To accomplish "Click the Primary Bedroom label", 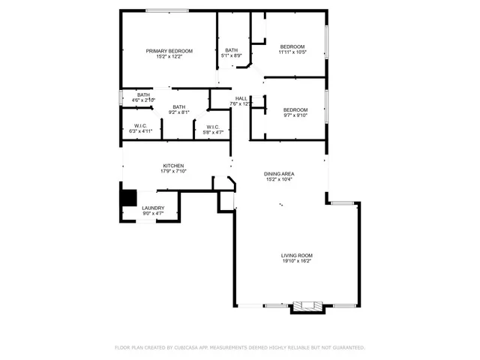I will [x=169, y=50].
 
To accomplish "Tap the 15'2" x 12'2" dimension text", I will [x=169, y=56].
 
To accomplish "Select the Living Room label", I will [x=297, y=256].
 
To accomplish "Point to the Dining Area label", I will [x=278, y=173].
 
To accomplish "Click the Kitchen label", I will [x=173, y=166].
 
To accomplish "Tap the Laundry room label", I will [x=153, y=208].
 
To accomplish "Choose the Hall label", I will [x=241, y=98].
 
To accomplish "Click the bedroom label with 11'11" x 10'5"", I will [x=292, y=46].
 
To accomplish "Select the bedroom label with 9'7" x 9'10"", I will [x=295, y=109].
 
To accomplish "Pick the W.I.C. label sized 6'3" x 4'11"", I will [x=140, y=125].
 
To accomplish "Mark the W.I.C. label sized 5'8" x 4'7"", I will [x=212, y=127].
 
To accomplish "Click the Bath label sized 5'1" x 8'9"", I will [x=231, y=50].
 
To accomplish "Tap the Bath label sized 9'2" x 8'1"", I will [x=179, y=106].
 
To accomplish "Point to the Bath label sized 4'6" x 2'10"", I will [x=143, y=94].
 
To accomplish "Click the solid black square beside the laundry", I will [x=130, y=197].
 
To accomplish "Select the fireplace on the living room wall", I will [x=305, y=306].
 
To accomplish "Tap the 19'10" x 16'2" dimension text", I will [x=297, y=262].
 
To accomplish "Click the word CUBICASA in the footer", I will [x=184, y=348].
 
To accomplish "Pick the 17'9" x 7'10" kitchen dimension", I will [x=173, y=172].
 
